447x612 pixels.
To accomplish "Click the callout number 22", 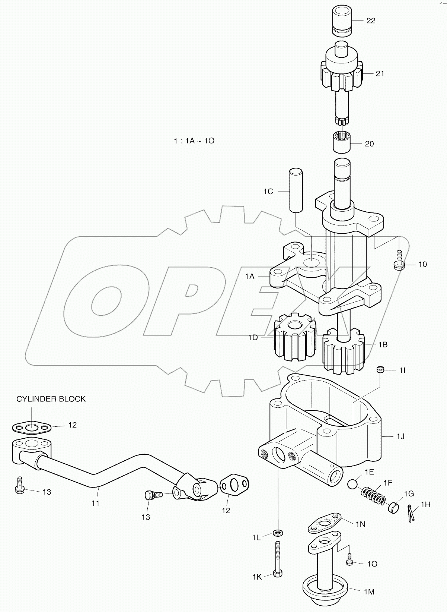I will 371,20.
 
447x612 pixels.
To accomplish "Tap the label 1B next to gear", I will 383,345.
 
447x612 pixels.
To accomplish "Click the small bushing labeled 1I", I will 380,370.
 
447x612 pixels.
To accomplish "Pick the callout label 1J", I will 400,436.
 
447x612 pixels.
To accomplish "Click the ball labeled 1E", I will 352,484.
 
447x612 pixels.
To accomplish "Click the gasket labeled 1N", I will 324,524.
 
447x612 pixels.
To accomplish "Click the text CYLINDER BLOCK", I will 51,399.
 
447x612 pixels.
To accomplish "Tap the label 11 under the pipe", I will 95,503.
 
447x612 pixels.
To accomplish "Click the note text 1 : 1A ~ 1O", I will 194,141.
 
